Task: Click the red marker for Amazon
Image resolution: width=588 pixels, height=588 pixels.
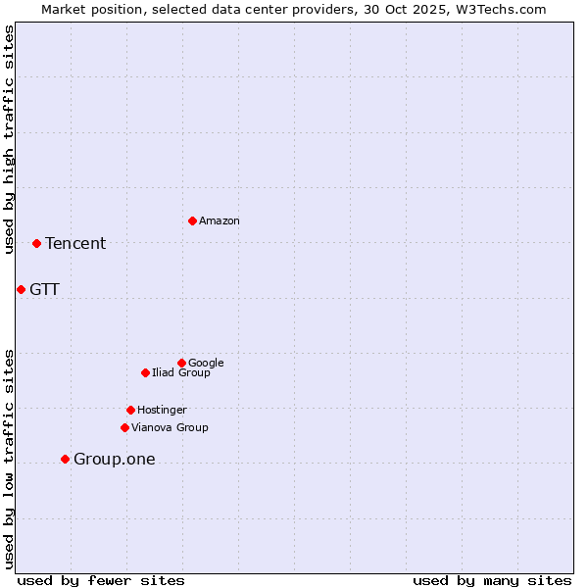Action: click(192, 220)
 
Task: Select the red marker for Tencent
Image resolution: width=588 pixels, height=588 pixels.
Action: click(36, 243)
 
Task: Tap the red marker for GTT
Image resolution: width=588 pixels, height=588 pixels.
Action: click(21, 289)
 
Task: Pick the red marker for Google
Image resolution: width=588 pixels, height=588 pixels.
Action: click(181, 363)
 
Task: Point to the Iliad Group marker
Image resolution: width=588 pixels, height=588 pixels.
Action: click(145, 372)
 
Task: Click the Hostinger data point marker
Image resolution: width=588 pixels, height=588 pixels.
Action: click(130, 410)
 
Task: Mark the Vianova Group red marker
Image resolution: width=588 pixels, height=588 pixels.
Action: click(124, 427)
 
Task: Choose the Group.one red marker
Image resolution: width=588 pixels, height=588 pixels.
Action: click(65, 459)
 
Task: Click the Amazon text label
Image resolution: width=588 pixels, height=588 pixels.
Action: click(220, 221)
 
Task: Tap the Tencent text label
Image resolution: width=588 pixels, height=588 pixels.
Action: click(75, 244)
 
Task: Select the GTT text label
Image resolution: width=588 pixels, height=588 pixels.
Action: click(44, 290)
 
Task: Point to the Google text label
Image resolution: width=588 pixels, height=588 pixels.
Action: click(206, 364)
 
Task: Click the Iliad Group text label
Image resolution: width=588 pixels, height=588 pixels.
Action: click(181, 373)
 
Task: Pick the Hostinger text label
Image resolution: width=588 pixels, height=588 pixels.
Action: click(162, 411)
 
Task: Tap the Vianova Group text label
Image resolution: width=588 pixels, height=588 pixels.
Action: click(170, 428)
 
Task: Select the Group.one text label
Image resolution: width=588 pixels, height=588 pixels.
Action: click(114, 460)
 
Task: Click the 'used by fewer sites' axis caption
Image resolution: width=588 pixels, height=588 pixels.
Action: click(101, 580)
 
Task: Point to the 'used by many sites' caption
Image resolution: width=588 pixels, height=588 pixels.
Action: click(492, 580)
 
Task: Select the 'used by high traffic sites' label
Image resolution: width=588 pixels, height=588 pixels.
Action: click(10, 139)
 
